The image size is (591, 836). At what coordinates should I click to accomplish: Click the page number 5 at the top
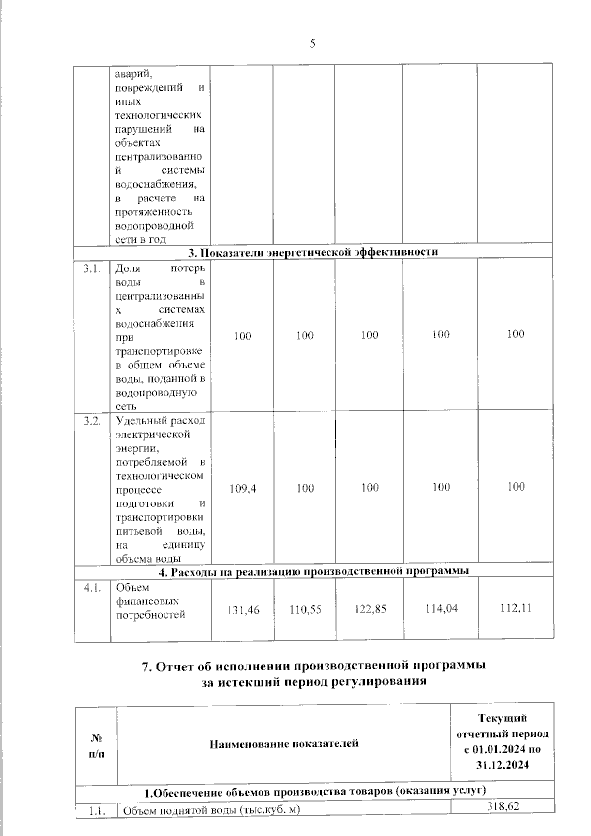[x=313, y=44]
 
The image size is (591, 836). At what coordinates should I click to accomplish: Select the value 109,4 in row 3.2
[x=243, y=488]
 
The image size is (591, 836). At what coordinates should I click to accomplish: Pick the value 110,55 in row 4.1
[x=305, y=610]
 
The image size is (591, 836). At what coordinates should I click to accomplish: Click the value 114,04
[x=441, y=609]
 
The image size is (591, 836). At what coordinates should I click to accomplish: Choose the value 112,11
[x=515, y=608]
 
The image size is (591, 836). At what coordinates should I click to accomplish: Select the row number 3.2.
[x=92, y=421]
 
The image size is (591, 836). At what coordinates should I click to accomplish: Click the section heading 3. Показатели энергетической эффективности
[x=313, y=252]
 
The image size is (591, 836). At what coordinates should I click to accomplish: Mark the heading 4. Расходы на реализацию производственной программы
[x=313, y=571]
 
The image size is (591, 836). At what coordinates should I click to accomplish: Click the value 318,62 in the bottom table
[x=502, y=805]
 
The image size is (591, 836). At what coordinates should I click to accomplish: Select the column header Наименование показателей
[x=284, y=743]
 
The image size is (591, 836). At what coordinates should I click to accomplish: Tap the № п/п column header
[x=97, y=745]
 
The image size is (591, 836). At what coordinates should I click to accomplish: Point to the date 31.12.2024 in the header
[x=502, y=765]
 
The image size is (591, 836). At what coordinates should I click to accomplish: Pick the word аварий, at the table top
[x=133, y=75]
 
